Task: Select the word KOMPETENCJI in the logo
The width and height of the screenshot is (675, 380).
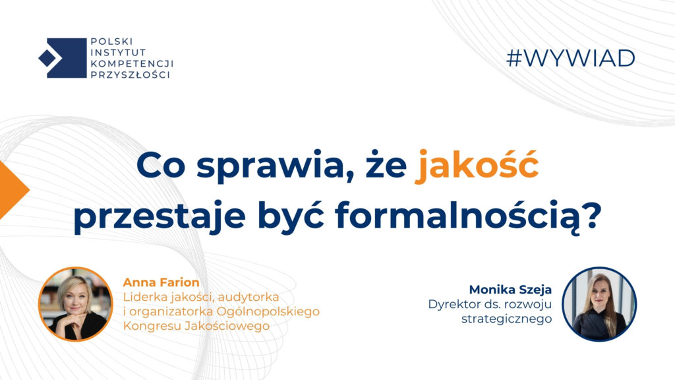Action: pyautogui.click(x=132, y=64)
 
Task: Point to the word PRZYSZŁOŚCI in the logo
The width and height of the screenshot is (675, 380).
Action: pyautogui.click(x=130, y=75)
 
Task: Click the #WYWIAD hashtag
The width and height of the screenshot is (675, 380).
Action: pyautogui.click(x=571, y=59)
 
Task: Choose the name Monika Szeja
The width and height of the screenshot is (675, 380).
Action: pyautogui.click(x=510, y=290)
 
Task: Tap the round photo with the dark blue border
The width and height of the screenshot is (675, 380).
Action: pyautogui.click(x=599, y=304)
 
